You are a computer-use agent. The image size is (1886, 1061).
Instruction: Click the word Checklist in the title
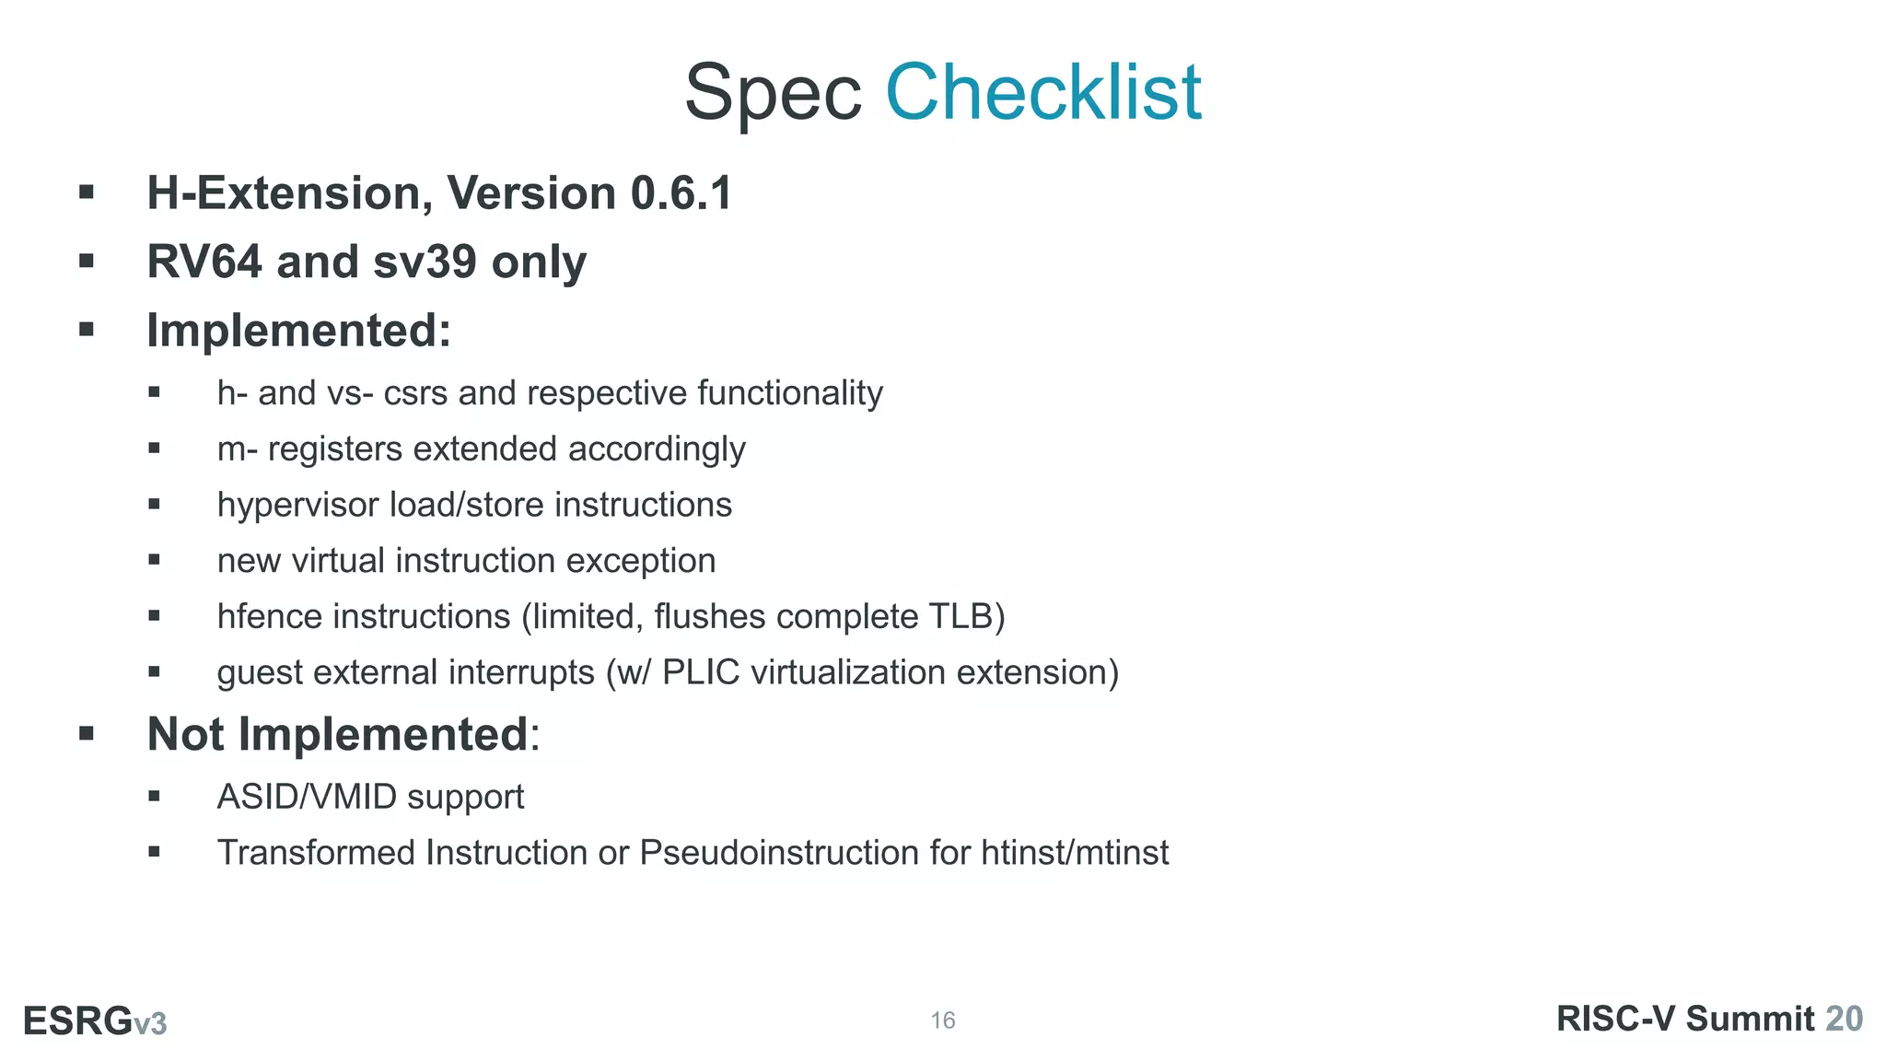(x=1042, y=92)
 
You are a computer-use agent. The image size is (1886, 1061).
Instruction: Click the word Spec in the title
(x=773, y=94)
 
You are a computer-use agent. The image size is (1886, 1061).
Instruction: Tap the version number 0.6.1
(x=681, y=193)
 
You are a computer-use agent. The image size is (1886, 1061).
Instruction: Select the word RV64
(x=204, y=262)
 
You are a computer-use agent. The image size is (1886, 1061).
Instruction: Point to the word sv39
(x=425, y=262)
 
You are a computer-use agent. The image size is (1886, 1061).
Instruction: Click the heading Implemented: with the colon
(x=299, y=331)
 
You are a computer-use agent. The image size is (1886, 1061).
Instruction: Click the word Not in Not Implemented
(x=185, y=734)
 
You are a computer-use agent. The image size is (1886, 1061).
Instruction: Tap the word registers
(x=335, y=450)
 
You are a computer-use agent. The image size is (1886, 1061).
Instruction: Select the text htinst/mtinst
(x=1075, y=853)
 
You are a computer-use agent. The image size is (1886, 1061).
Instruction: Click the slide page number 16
(x=943, y=1020)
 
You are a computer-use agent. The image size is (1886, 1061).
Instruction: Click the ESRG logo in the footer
(x=95, y=1021)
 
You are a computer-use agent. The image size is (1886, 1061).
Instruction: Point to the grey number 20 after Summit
(x=1844, y=1019)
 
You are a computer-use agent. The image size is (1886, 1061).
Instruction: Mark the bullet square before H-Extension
(x=87, y=192)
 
